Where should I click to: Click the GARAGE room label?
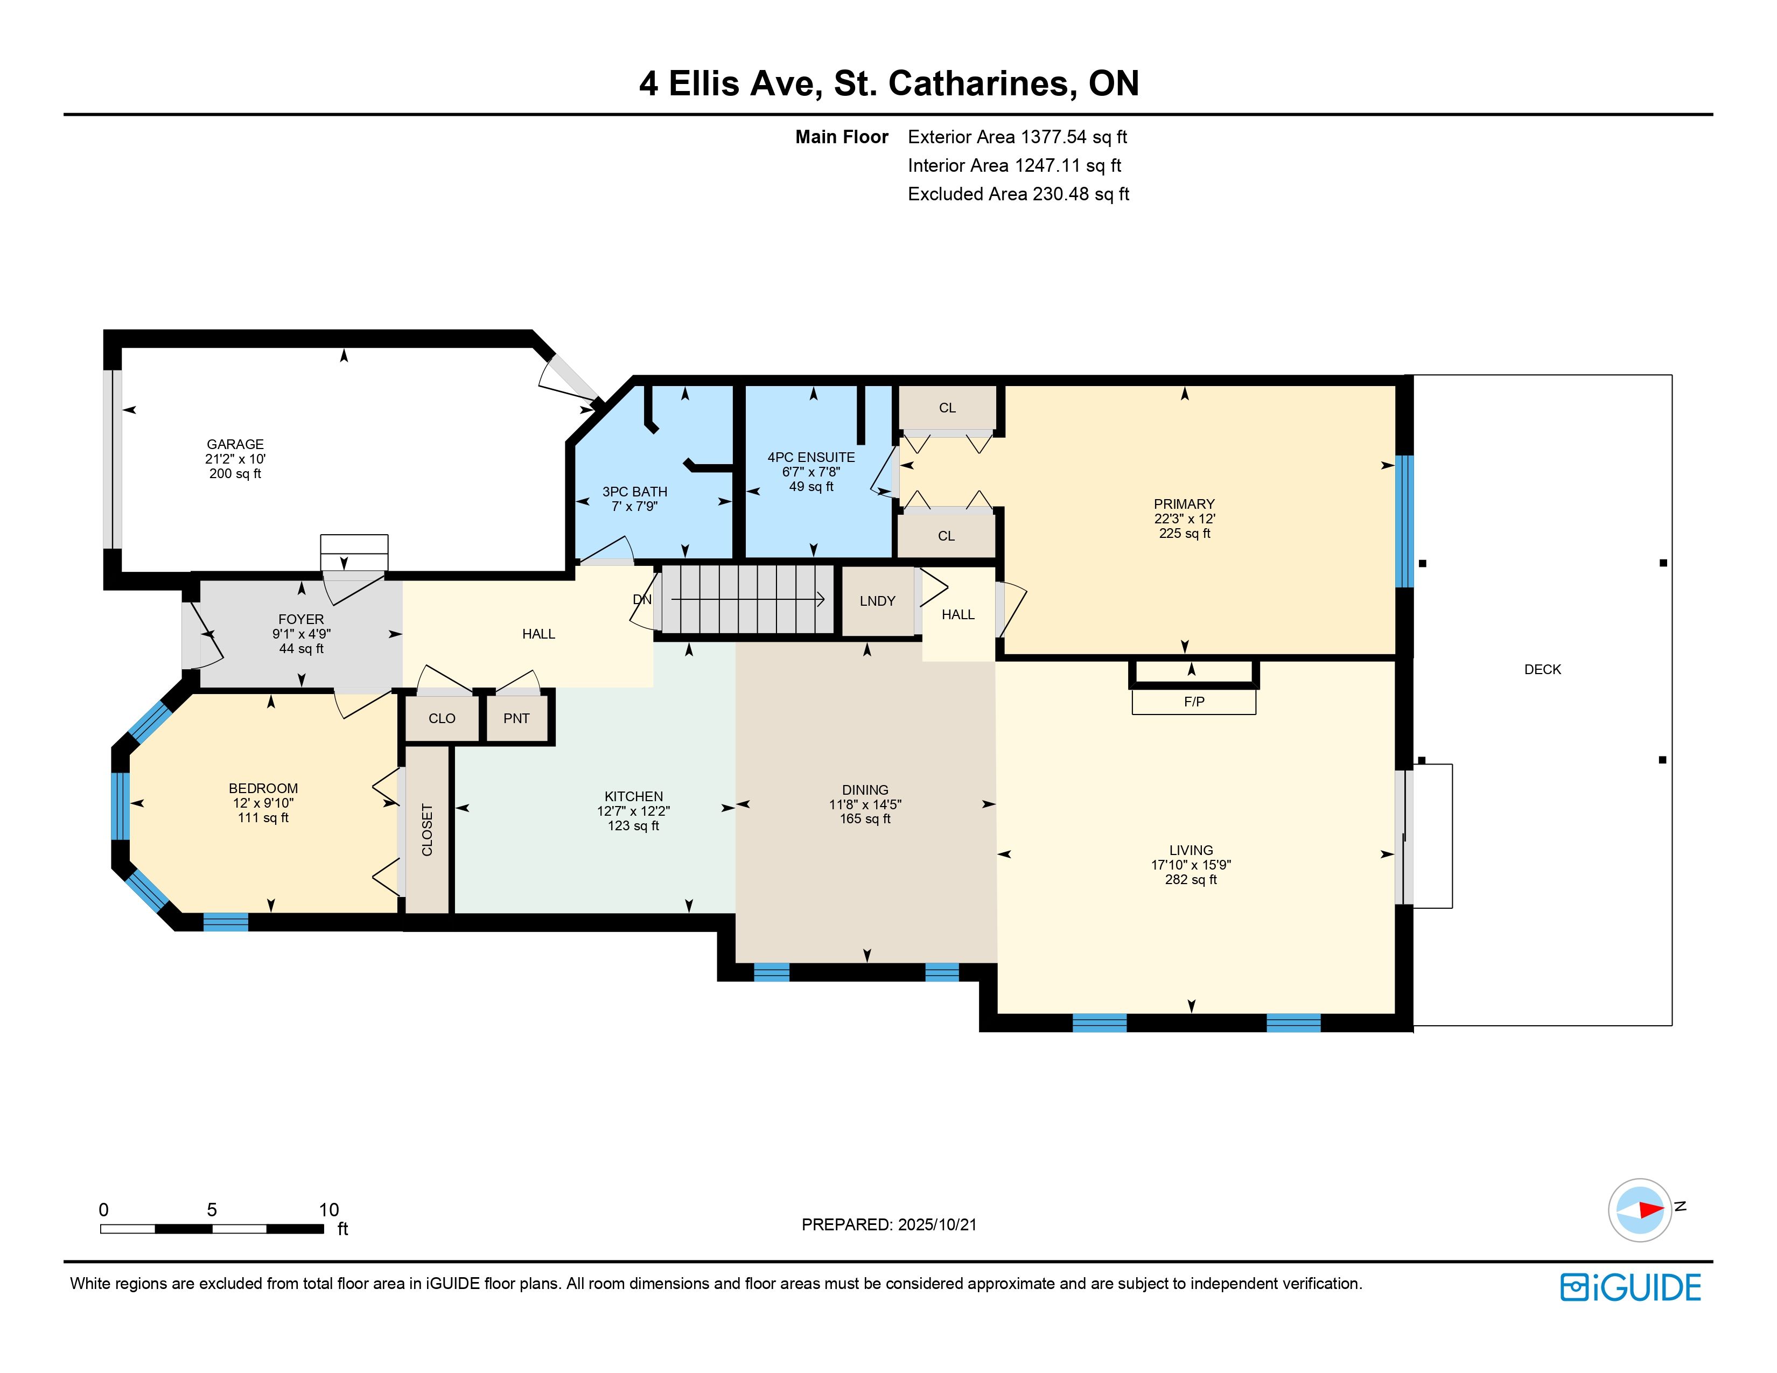[235, 444]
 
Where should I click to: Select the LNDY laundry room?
[877, 601]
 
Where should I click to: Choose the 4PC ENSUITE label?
[811, 457]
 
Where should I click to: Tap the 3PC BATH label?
[635, 491]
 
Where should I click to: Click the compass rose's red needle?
[1651, 1209]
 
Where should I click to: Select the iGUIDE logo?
[1631, 1287]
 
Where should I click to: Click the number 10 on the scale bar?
[328, 1209]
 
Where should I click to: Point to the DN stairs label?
[642, 599]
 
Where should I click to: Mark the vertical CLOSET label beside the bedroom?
[427, 830]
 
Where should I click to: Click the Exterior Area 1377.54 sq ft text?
[1017, 137]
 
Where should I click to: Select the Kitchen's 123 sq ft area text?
[633, 825]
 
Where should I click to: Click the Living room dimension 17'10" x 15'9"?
[1191, 865]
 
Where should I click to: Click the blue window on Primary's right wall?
[1404, 521]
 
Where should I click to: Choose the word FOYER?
[301, 619]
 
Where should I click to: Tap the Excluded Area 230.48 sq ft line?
[1019, 194]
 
